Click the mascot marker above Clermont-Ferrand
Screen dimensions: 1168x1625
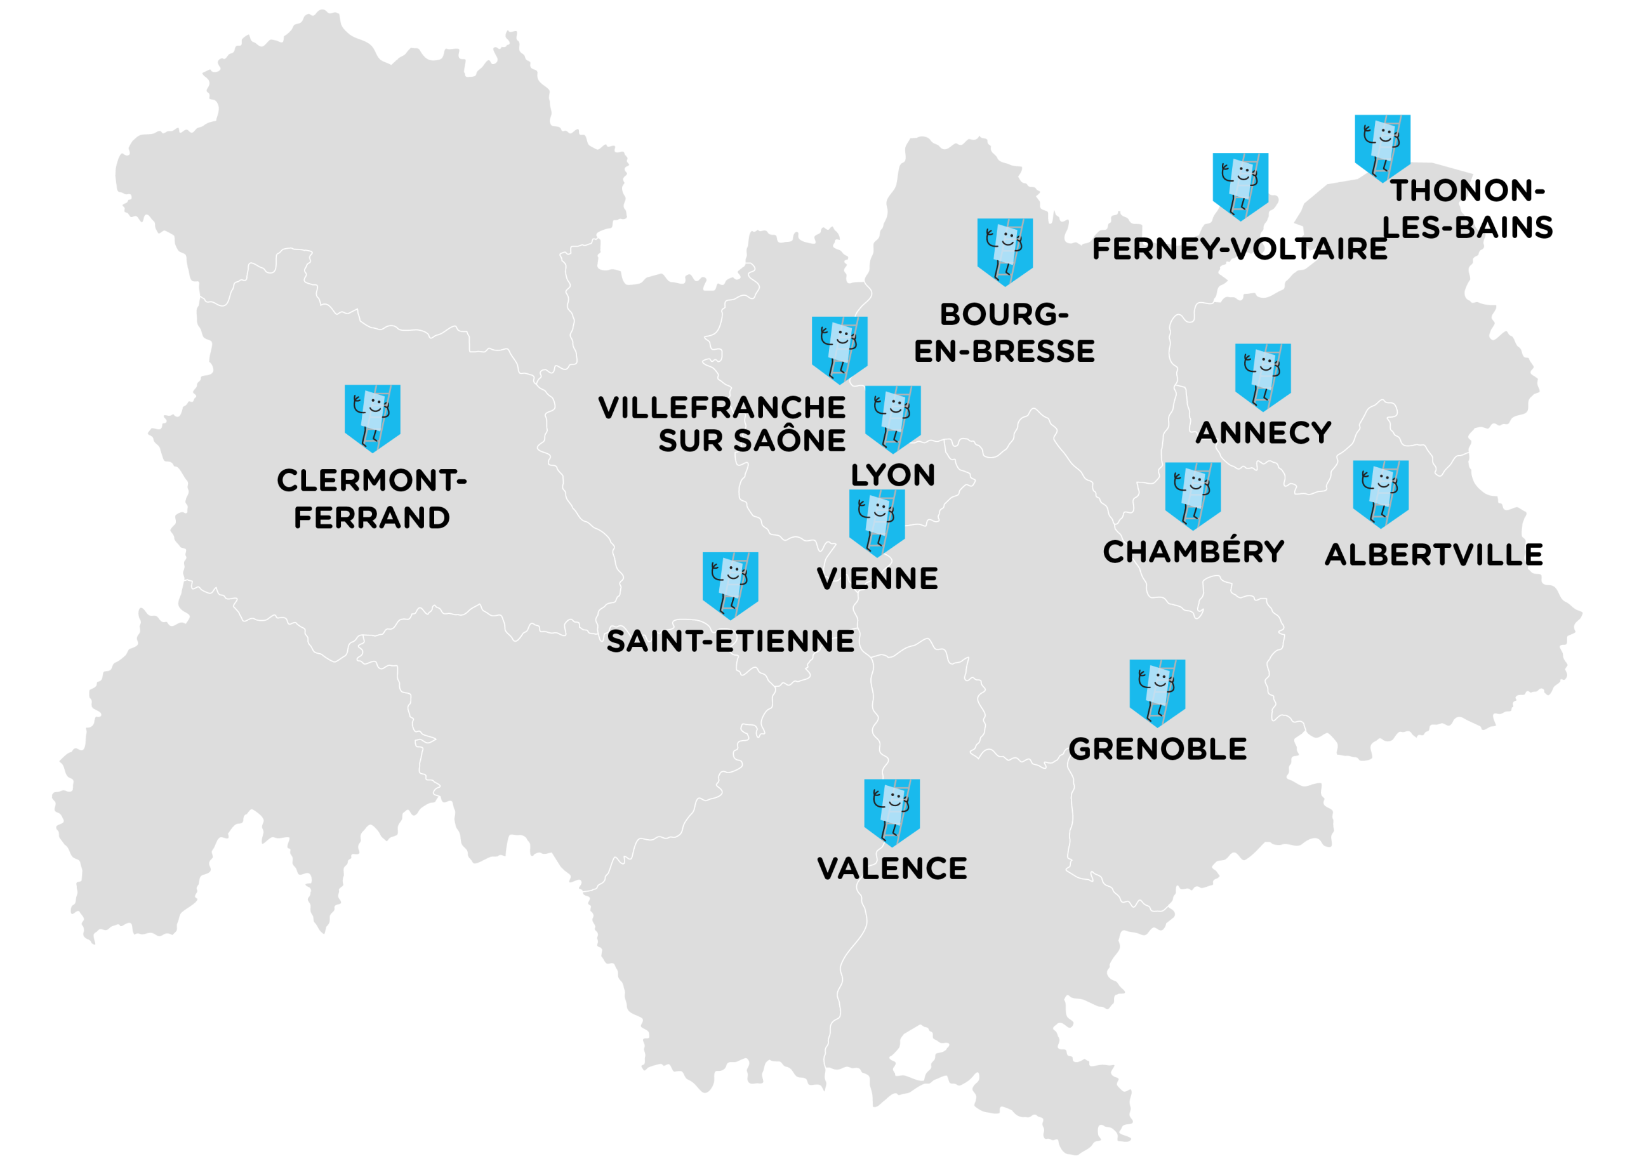coord(372,417)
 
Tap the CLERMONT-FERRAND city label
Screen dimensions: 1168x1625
coord(371,499)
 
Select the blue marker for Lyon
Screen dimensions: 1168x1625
coord(892,418)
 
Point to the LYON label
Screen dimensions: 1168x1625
coord(892,475)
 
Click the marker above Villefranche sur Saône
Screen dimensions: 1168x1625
coord(839,350)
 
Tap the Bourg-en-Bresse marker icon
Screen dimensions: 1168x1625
coord(1005,251)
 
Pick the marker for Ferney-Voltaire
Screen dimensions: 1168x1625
coord(1240,185)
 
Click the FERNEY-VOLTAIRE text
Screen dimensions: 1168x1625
coord(1240,249)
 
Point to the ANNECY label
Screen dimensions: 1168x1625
coord(1263,433)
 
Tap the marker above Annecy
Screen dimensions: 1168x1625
coord(1263,376)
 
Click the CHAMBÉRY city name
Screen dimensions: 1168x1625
coord(1193,551)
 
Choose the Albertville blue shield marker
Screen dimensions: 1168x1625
coord(1380,494)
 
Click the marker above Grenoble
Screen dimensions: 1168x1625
coord(1157,692)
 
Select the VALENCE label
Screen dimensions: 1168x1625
coord(892,868)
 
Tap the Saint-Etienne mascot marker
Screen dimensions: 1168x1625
coord(729,585)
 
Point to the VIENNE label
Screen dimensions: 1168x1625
coord(877,578)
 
